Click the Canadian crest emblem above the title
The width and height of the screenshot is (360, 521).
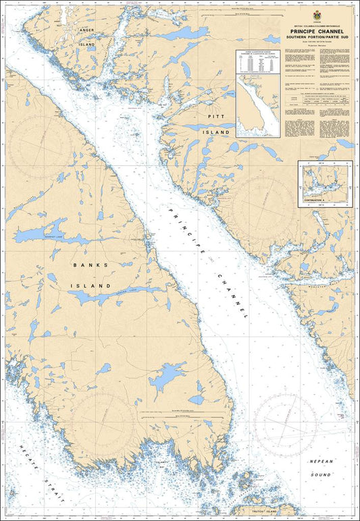[313, 17]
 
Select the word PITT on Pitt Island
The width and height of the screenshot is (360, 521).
[216, 117]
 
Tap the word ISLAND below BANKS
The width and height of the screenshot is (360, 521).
[91, 286]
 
